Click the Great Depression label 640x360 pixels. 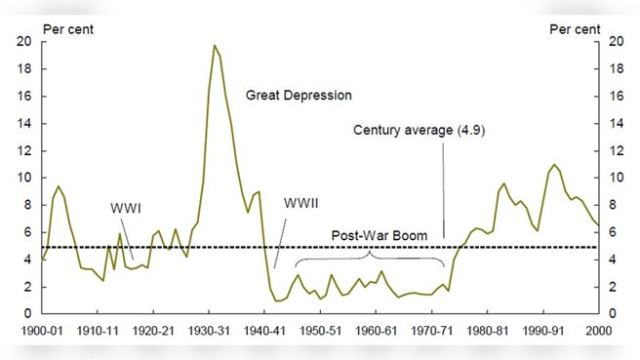pyautogui.click(x=300, y=97)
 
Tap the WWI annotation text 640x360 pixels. pyautogui.click(x=125, y=207)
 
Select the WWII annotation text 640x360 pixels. pyautogui.click(x=301, y=203)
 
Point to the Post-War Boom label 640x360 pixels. pyautogui.click(x=380, y=236)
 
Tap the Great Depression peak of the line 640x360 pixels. pyautogui.click(x=214, y=46)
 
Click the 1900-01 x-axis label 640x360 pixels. pyautogui.click(x=43, y=329)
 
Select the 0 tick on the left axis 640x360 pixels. pyautogui.click(x=27, y=314)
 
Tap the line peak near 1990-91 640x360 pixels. pyautogui.click(x=554, y=165)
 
